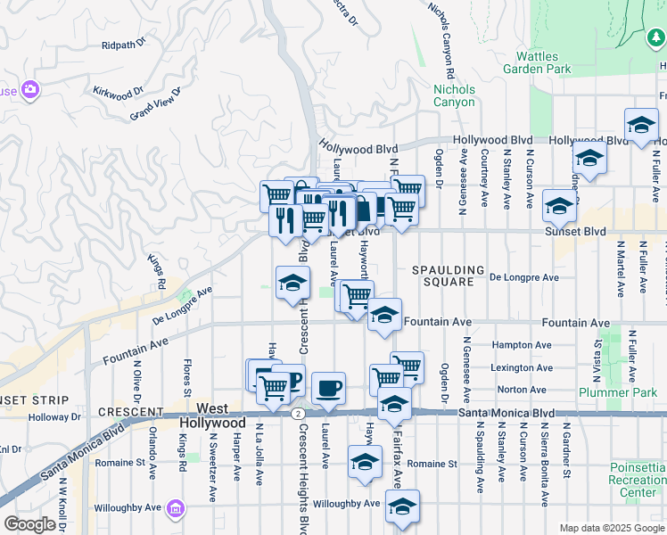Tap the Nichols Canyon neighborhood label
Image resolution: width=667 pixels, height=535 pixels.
[x=454, y=95]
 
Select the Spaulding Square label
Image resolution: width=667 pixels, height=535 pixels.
[x=448, y=276]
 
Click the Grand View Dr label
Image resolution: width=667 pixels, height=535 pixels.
[x=155, y=103]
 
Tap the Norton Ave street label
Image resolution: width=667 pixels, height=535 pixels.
[x=515, y=390]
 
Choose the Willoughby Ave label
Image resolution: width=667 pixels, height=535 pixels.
[x=347, y=504]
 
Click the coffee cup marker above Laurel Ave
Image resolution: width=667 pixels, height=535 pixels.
[x=328, y=388]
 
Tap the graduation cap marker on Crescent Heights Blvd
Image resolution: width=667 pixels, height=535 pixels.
[x=292, y=283]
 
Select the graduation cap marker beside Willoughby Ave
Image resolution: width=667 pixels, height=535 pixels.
[x=402, y=506]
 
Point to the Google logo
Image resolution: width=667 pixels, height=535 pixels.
[x=29, y=524]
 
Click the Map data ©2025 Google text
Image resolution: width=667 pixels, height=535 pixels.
[x=611, y=528]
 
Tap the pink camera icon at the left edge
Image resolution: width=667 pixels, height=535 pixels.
[x=30, y=89]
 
